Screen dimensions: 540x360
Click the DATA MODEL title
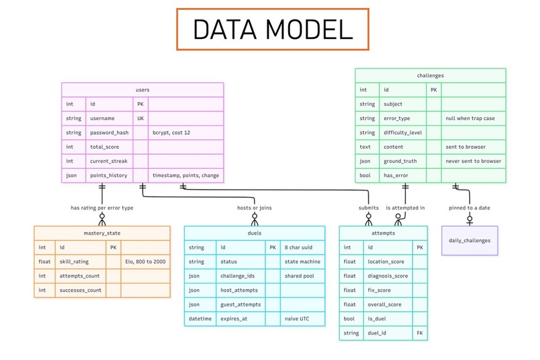273,29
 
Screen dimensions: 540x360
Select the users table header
143,90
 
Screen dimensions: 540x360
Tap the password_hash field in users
109,133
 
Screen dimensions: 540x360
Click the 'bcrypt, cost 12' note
171,133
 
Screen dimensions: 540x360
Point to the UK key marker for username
141,118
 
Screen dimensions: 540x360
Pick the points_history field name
109,176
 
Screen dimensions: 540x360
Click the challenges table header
430,76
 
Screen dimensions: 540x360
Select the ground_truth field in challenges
400,161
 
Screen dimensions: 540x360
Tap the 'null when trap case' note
470,118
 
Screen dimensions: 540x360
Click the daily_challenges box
470,241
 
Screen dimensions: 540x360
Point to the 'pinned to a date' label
469,208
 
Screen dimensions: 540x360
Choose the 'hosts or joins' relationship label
254,208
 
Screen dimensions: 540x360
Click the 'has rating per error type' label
102,208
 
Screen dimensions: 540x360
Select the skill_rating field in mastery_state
74,261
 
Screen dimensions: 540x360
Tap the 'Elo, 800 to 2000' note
145,261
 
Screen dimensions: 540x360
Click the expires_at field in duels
234,318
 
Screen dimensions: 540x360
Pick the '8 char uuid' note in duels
298,247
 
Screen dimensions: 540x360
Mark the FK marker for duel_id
420,333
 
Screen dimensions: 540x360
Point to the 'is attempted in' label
405,208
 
